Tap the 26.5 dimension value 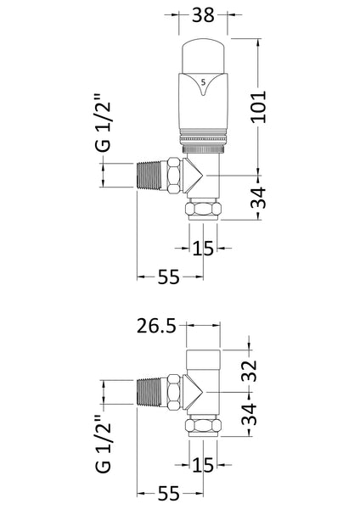(157, 327)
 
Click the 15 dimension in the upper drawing (202, 248)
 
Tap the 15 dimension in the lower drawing (202, 465)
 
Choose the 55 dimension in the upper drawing (157, 277)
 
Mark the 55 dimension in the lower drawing (157, 492)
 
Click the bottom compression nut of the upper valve (202, 210)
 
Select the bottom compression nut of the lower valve (202, 426)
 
